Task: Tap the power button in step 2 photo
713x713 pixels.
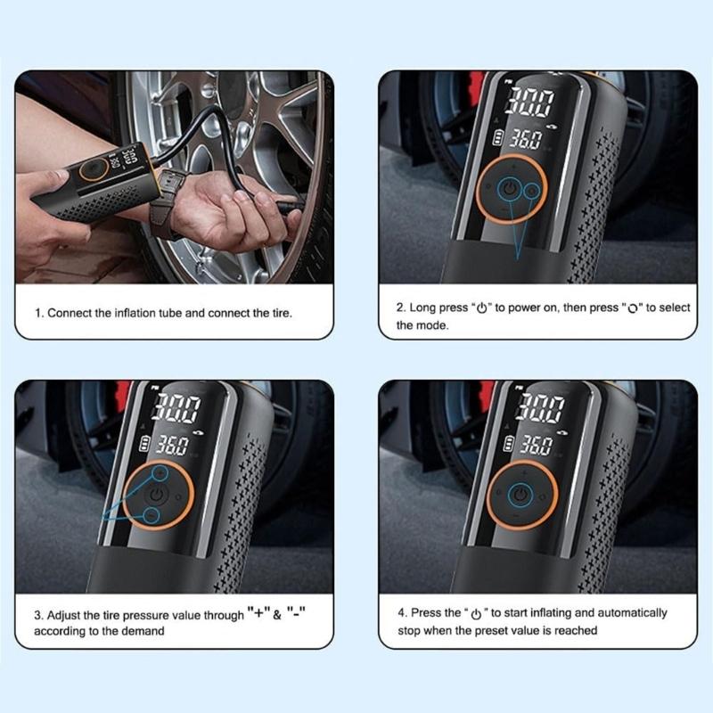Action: point(507,190)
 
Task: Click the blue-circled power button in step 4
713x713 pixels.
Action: point(521,495)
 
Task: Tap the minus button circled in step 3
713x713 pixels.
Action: point(152,515)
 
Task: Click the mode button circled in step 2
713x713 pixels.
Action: point(532,190)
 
